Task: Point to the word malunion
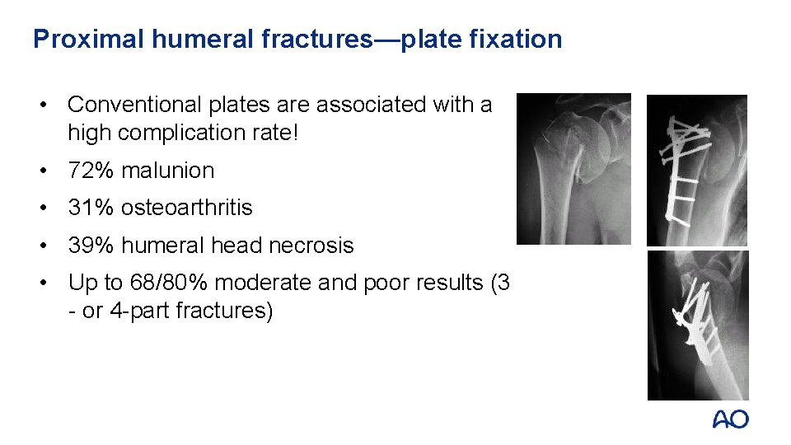[167, 171]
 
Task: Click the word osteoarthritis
[187, 208]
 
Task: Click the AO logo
[731, 419]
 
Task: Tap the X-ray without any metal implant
[573, 169]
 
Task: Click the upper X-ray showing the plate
[696, 170]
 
